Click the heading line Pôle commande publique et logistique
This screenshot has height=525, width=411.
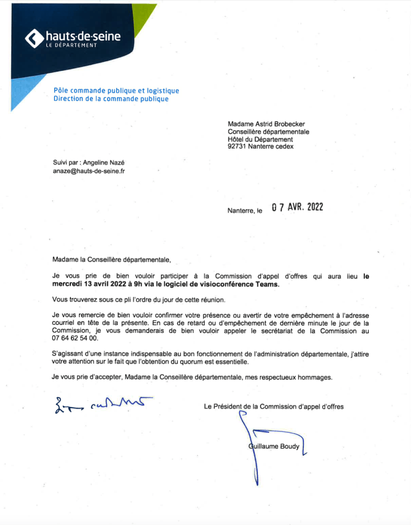click(x=116, y=91)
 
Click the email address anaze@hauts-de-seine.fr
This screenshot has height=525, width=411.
click(x=89, y=171)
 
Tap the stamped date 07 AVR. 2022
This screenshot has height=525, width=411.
click(x=298, y=208)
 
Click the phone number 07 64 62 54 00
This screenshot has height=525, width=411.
click(x=75, y=339)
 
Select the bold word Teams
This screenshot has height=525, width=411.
click(x=269, y=284)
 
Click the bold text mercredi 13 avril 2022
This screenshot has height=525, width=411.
click(x=88, y=284)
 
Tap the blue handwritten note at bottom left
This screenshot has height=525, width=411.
click(x=98, y=405)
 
